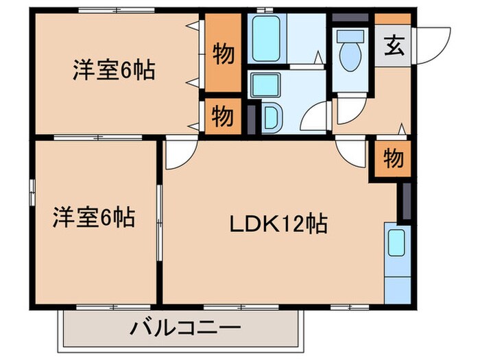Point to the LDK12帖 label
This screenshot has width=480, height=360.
click(276, 224)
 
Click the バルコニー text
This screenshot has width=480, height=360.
click(185, 328)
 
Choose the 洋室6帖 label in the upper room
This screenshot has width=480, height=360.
click(113, 70)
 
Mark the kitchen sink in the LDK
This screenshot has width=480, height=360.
click(396, 244)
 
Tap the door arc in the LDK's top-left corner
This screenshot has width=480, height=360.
click(176, 155)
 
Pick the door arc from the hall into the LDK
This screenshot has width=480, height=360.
click(353, 152)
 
